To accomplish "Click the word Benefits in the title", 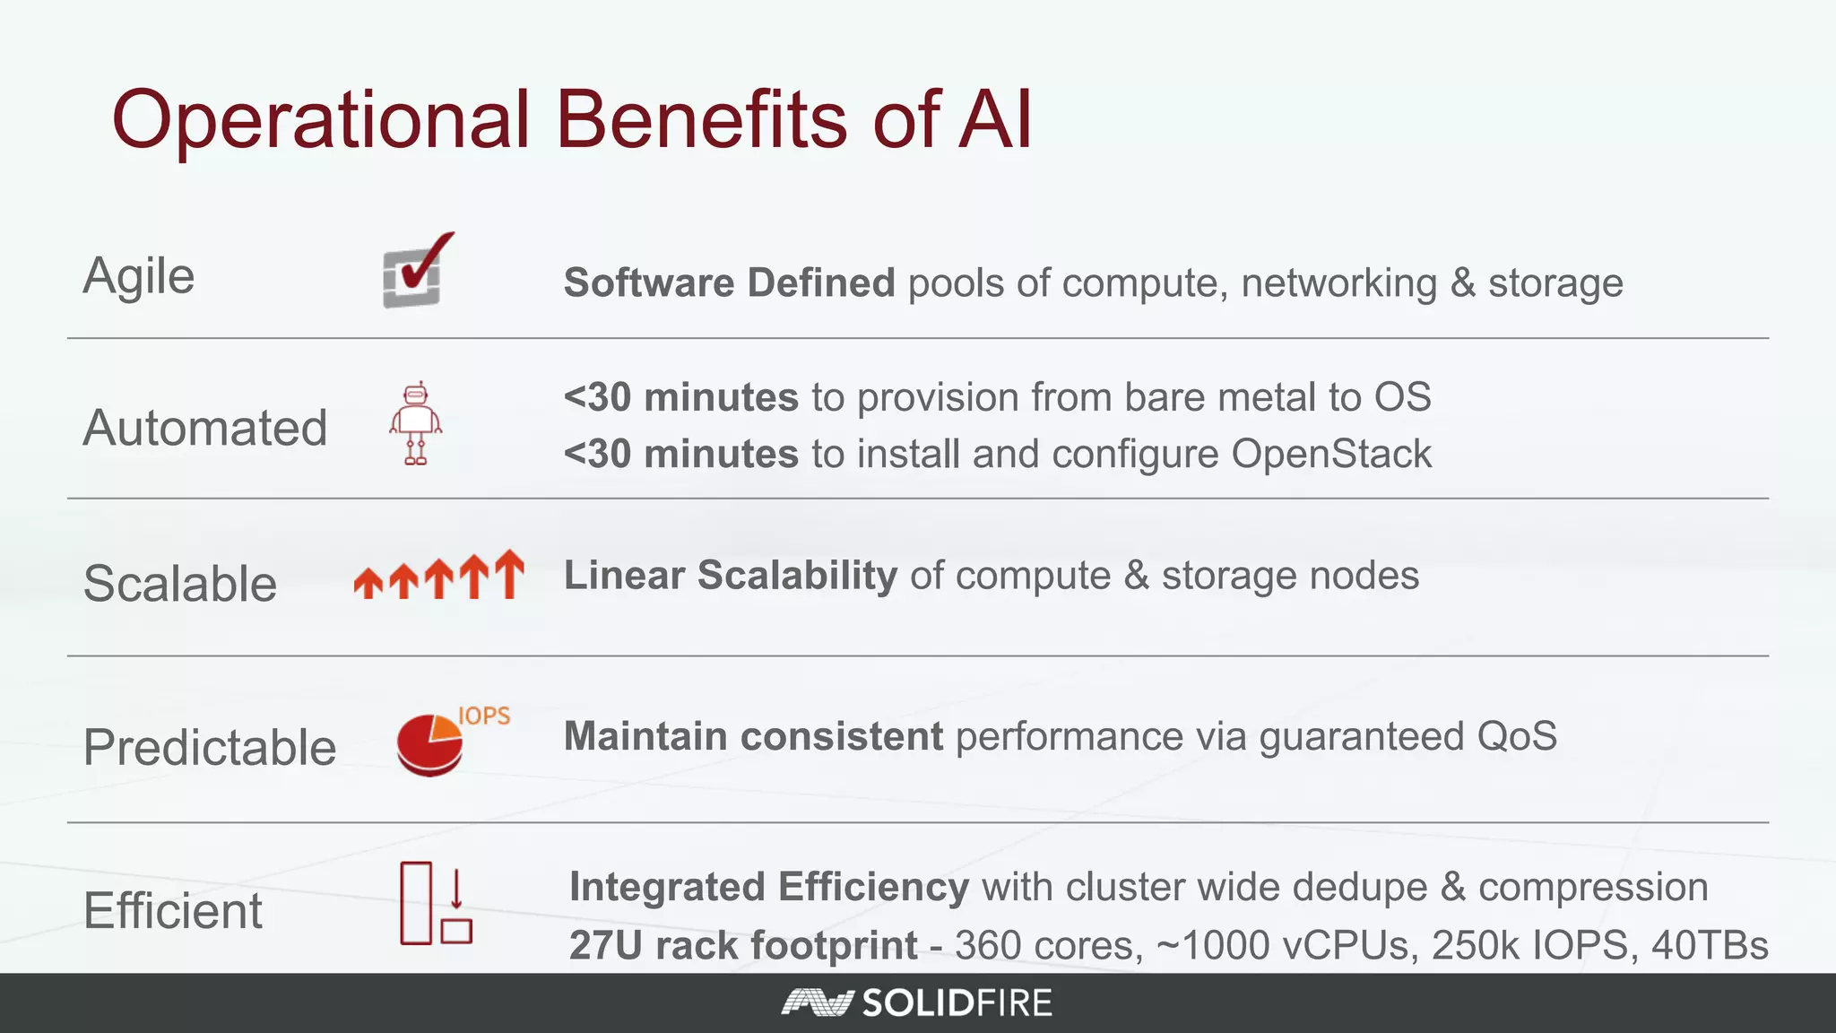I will [701, 119].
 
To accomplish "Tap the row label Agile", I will [139, 276].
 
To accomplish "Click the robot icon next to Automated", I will [415, 424].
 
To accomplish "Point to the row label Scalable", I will [180, 584].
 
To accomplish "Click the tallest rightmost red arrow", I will [509, 573].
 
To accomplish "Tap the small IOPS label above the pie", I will [484, 716].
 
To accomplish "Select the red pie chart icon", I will [429, 744].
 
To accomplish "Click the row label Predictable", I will [210, 747].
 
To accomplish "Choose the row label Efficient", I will [173, 911].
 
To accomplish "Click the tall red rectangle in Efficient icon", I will [416, 903].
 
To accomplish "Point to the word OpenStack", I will [1331, 454].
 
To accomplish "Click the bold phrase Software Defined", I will [729, 283].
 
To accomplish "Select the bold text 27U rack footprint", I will [743, 945].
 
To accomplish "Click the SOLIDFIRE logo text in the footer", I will [957, 1003].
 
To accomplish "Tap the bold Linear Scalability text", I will [730, 576].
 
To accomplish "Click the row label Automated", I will [205, 428].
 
